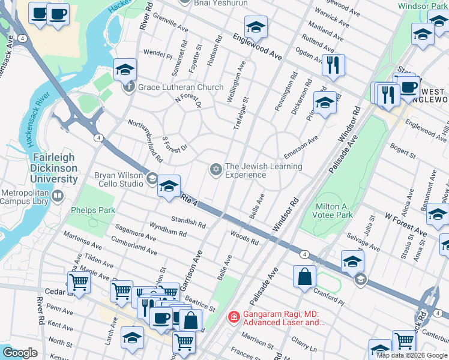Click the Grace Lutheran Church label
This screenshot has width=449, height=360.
181,88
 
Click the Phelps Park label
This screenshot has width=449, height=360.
92,211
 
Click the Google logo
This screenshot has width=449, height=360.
20,353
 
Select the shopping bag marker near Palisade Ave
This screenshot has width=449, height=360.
305,277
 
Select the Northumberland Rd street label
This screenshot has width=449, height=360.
145,141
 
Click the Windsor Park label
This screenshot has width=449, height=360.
423,6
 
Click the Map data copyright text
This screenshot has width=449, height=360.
412,355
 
